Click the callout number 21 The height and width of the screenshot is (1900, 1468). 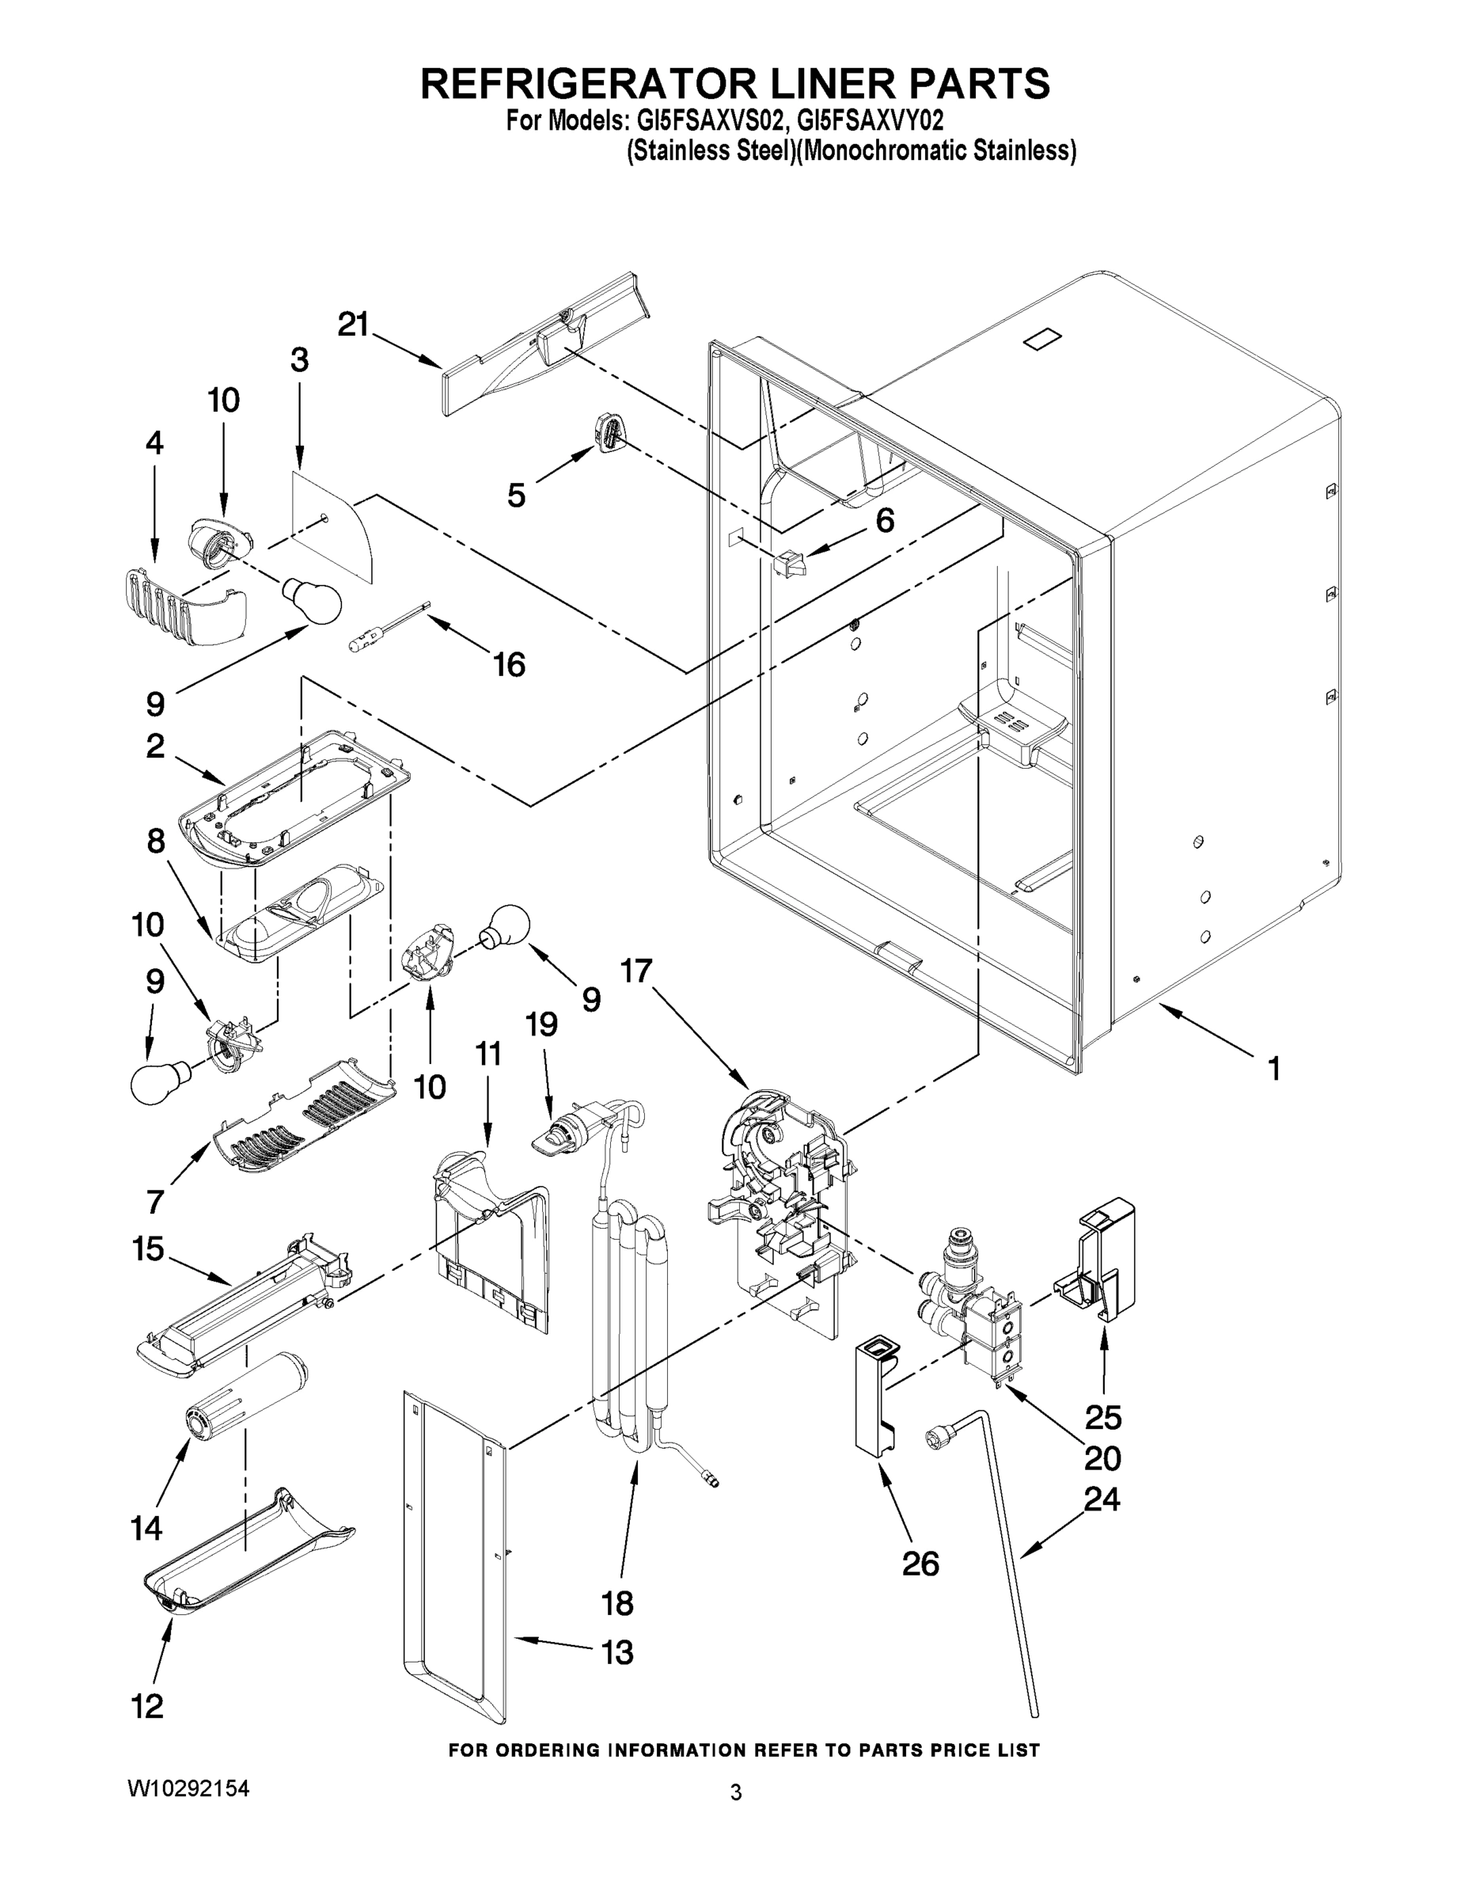pos(353,325)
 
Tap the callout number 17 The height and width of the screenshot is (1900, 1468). pos(635,970)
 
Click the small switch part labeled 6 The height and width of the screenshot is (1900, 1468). pos(790,562)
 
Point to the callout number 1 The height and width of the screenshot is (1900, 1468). pos(1273,1068)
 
